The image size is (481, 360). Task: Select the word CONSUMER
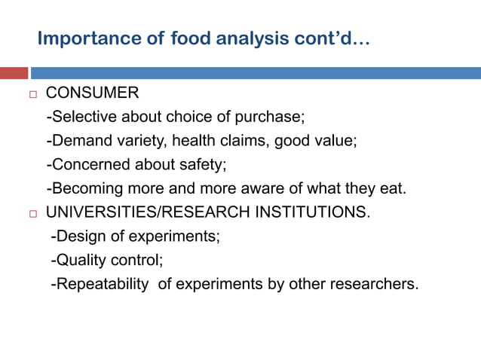(x=92, y=93)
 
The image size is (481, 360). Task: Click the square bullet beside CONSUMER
(x=31, y=94)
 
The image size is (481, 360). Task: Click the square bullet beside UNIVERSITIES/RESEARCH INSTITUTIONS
(x=31, y=213)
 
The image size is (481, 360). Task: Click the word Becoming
(x=84, y=188)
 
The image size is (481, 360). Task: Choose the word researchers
(x=371, y=285)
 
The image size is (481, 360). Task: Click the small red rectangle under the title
(x=14, y=73)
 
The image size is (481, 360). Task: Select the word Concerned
(x=85, y=164)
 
